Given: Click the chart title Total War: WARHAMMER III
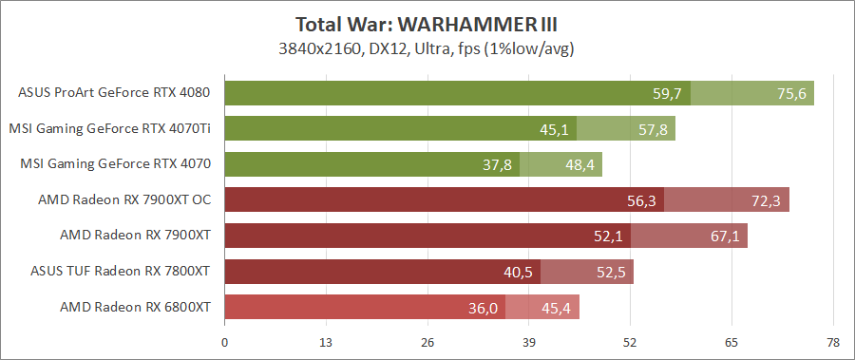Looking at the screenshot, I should pos(427,24).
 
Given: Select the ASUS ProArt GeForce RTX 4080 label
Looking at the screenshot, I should pos(114,93).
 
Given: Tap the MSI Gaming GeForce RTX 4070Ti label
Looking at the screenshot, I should pos(109,128).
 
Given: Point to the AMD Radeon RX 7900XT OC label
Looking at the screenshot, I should pos(124,199).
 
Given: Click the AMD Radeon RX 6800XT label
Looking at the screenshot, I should pos(135,307).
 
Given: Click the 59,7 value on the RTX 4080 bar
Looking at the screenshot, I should pos(668,93).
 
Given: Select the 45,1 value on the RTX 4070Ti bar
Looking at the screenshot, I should pos(554,128).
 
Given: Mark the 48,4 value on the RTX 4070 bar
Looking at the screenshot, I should pos(579,164).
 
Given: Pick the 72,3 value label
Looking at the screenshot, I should pos(766,199).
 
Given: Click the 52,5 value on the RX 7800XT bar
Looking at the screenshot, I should pos(610,272).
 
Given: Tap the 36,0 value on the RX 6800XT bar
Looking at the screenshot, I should pos(483,307).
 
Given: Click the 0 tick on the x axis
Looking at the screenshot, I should pos(224,342).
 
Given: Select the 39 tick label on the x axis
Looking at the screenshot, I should pos(529,342).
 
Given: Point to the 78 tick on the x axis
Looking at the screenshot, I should pos(833,342).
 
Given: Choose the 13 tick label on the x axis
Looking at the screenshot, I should pos(326,342).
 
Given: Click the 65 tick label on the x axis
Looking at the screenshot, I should pos(731,342).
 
